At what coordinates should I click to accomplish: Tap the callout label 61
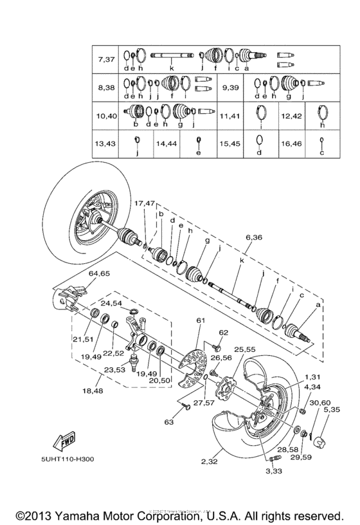(x=201, y=320)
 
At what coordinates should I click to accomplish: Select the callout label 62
(x=224, y=333)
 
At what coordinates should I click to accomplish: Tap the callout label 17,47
(x=145, y=203)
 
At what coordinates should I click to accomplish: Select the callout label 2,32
(x=210, y=461)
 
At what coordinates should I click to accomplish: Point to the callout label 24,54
(x=111, y=302)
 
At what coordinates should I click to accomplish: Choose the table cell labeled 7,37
(x=106, y=59)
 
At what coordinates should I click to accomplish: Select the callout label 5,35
(x=332, y=409)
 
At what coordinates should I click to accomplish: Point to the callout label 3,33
(x=274, y=472)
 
